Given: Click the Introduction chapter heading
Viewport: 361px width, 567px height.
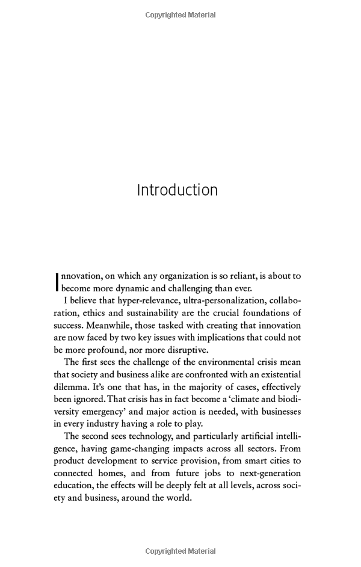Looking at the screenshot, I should [x=177, y=190].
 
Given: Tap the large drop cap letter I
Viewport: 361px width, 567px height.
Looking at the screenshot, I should [x=57, y=281].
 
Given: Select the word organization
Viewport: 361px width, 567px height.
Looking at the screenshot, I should [x=182, y=276].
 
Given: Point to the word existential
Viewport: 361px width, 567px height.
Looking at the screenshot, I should [x=273, y=375].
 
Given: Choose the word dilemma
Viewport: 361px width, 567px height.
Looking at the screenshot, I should [x=71, y=388].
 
